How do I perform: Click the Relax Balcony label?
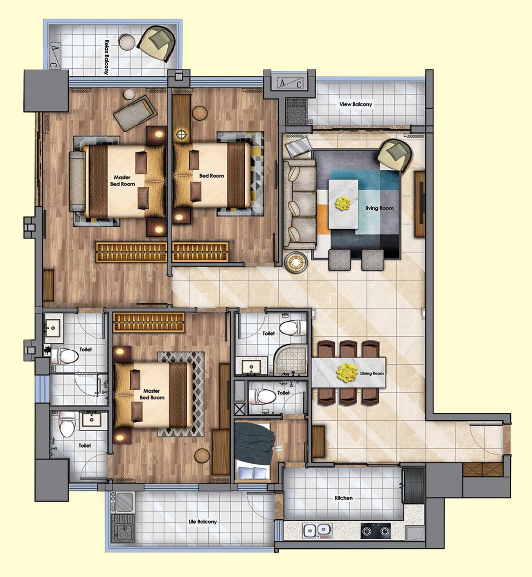[x=107, y=57]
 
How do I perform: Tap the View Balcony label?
[x=356, y=104]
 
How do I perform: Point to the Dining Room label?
[x=372, y=373]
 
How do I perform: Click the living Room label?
[x=379, y=208]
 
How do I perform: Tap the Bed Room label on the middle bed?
[x=212, y=176]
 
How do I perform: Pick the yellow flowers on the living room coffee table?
[x=343, y=203]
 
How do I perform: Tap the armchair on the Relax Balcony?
[x=157, y=43]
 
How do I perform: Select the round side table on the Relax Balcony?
[x=127, y=42]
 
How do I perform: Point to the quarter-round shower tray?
[x=291, y=359]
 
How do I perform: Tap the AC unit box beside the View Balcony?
[x=290, y=83]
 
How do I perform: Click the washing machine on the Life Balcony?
[x=123, y=529]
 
